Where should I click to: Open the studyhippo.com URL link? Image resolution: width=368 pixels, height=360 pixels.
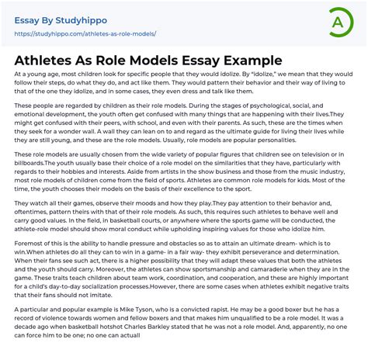(85, 34)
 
